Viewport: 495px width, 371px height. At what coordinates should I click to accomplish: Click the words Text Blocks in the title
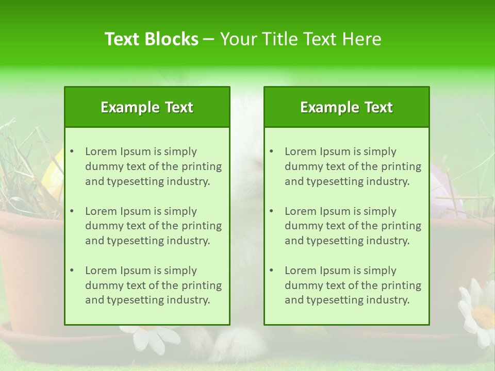[x=151, y=39]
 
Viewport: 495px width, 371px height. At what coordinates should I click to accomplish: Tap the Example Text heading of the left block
[x=147, y=107]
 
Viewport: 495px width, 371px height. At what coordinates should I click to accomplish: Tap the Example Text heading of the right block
[x=346, y=107]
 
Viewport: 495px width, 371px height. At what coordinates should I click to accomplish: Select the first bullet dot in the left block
[x=72, y=151]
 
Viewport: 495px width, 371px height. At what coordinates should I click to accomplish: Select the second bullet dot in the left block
[x=72, y=211]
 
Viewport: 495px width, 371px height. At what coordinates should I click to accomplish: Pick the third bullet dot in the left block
[x=72, y=271]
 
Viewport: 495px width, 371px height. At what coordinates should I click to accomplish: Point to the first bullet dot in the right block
[x=271, y=151]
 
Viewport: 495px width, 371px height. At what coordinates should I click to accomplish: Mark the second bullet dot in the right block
[x=271, y=211]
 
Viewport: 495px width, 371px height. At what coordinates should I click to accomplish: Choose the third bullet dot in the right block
[x=271, y=271]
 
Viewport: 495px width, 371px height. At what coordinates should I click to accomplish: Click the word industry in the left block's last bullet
[x=189, y=300]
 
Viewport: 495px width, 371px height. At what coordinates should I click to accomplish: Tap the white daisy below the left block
[x=150, y=338]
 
